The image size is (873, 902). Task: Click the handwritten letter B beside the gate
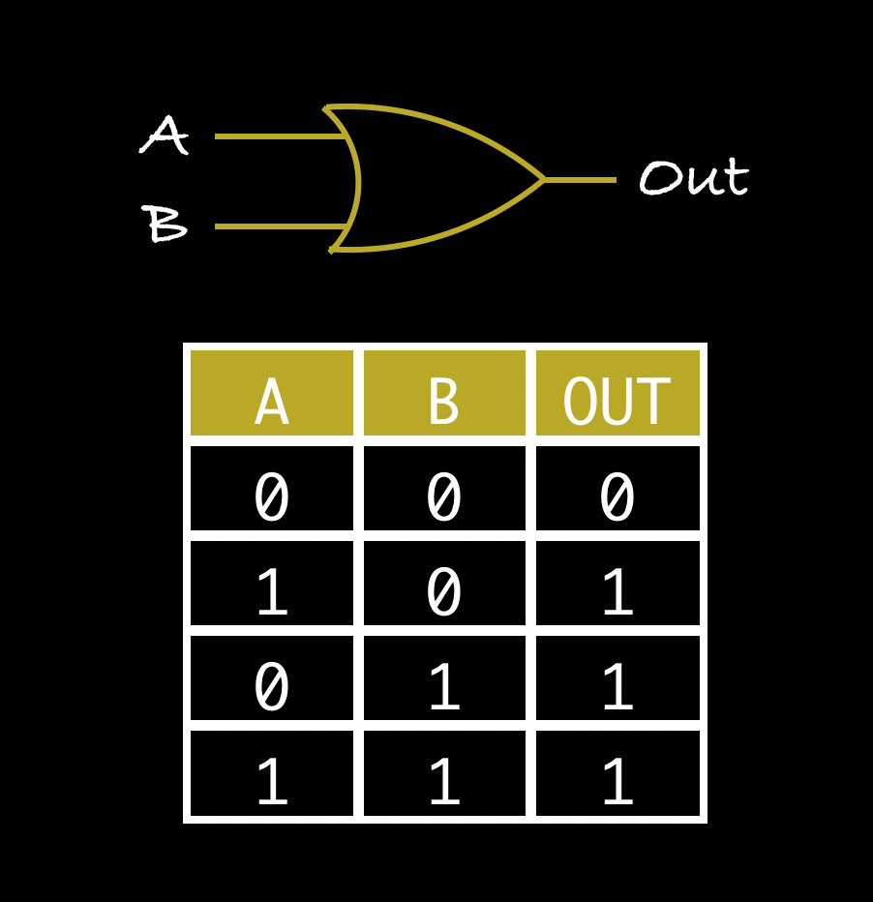click(x=166, y=225)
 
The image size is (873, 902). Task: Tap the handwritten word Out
click(x=693, y=179)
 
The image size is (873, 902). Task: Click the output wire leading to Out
click(x=581, y=179)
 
